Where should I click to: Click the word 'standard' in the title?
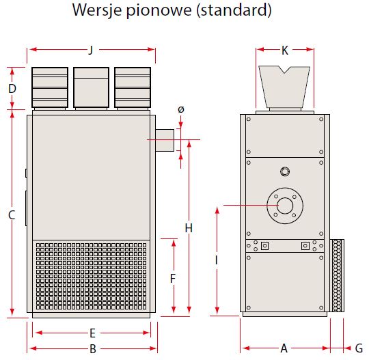(234, 10)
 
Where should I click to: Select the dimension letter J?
(91, 50)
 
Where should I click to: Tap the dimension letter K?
(285, 51)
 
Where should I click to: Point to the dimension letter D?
(12, 89)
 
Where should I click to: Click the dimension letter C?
(12, 214)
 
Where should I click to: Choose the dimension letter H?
(189, 228)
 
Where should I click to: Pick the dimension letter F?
(173, 279)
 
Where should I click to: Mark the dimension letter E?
(92, 333)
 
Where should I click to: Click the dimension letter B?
(93, 349)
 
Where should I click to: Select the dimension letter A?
(284, 348)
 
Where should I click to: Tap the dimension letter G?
(359, 348)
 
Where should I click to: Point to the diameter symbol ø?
(180, 109)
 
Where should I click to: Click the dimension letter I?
(216, 260)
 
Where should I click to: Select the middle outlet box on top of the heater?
(91, 87)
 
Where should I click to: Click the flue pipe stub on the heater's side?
(165, 140)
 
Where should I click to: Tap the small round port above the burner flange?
(285, 171)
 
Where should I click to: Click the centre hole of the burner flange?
(285, 206)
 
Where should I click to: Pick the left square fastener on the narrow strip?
(264, 246)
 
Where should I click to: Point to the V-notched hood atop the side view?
(284, 87)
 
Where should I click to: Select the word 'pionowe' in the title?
(159, 10)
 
